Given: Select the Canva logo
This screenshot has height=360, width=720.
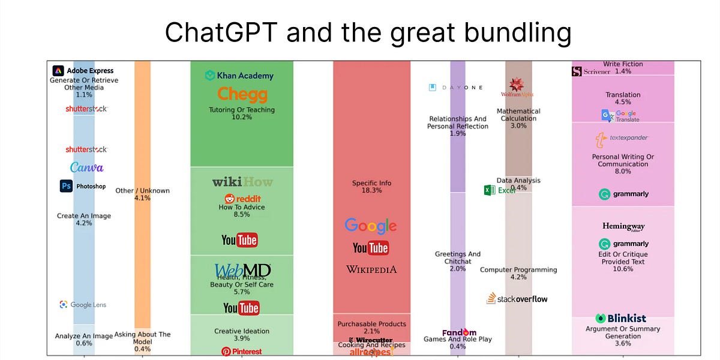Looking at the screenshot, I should point(86,167).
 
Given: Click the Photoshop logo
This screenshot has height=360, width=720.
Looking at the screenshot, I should point(83,187).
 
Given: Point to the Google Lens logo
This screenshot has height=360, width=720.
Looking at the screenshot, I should point(83,305).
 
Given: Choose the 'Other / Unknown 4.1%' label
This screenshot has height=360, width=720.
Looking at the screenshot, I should point(142,194).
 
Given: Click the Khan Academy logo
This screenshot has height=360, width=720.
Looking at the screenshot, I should point(239,76).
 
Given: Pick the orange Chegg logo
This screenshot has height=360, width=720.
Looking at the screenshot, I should point(242,94).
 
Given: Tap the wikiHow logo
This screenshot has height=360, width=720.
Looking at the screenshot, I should point(242,182).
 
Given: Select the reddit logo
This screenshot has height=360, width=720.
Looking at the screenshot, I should point(242,199).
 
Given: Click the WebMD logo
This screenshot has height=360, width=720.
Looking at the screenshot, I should point(242,271).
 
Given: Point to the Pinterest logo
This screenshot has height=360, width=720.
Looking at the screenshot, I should point(241,351).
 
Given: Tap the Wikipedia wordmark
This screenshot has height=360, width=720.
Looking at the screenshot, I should point(371,269).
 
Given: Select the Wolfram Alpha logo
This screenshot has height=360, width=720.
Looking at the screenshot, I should point(517,88).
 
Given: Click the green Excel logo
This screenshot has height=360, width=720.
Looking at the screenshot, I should point(499,190).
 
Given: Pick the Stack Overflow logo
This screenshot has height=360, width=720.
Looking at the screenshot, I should point(517,299).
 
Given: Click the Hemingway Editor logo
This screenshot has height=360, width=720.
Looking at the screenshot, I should point(623,227).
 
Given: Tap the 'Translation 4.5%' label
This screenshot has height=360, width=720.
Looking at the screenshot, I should point(623,98).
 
